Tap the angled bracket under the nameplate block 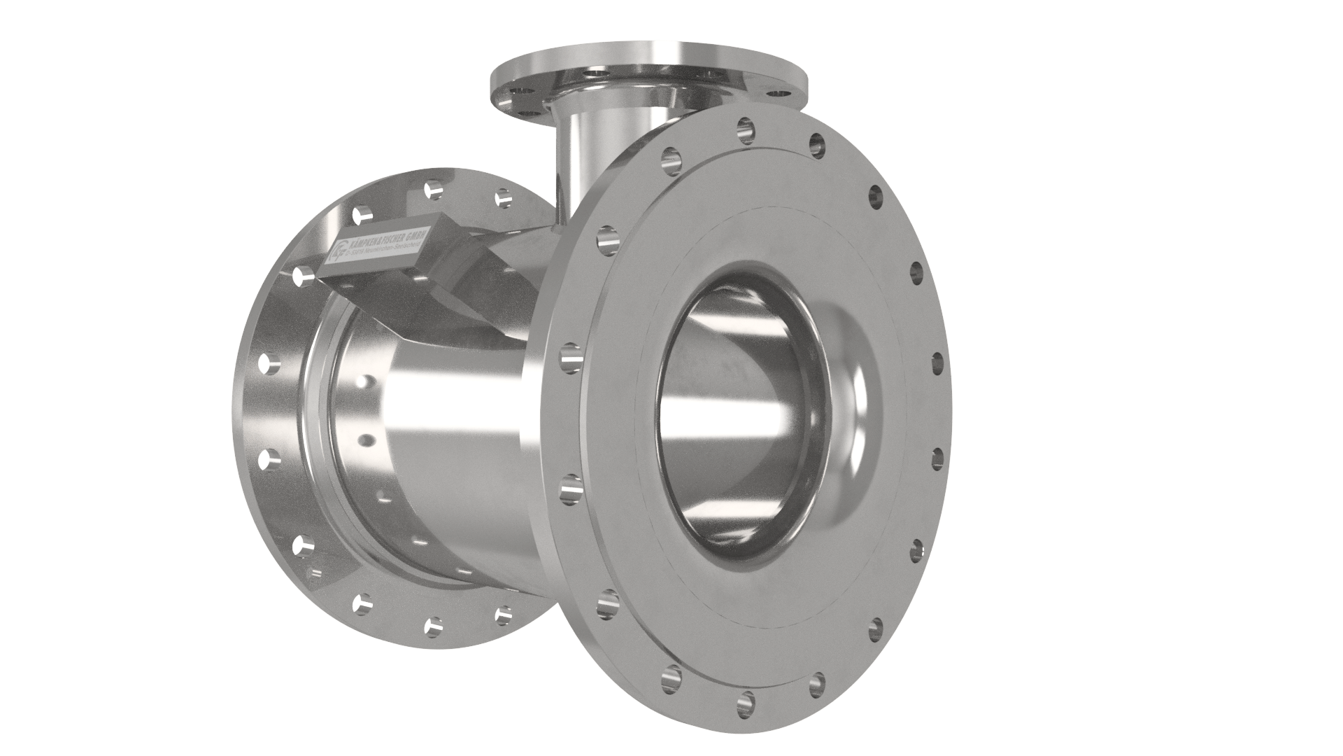(x=420, y=294)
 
